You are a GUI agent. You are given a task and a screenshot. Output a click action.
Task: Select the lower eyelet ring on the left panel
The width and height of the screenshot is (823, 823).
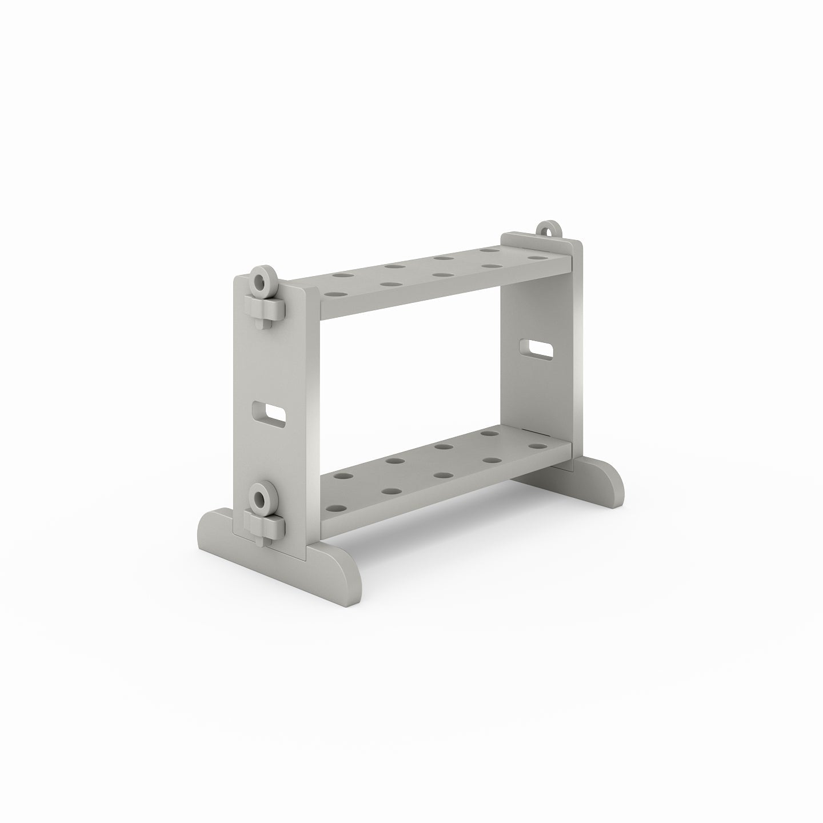262,497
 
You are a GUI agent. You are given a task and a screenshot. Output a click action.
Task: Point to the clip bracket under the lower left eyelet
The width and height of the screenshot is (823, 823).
264,522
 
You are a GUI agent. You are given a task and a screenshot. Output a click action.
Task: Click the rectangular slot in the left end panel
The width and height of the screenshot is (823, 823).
269,412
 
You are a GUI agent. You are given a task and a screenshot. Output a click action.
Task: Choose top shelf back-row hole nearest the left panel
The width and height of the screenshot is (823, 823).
342,275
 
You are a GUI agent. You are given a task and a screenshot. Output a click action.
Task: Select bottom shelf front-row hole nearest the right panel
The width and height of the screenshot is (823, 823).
535,446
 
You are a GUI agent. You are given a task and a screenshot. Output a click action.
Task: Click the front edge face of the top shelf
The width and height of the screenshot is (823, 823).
446,291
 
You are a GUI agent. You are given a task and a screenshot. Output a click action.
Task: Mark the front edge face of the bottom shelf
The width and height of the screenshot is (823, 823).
446,492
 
